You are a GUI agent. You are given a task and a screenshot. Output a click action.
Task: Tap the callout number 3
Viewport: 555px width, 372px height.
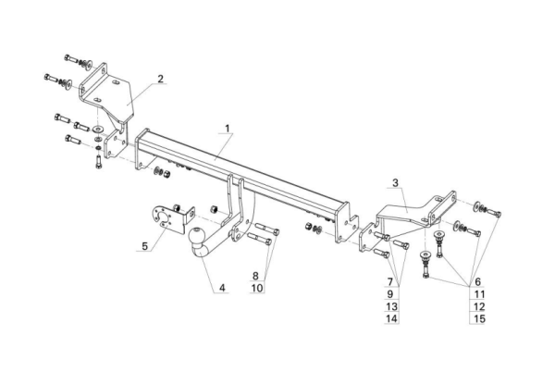pyautogui.click(x=395, y=183)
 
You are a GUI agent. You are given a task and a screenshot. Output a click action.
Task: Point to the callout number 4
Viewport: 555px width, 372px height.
pyautogui.click(x=222, y=290)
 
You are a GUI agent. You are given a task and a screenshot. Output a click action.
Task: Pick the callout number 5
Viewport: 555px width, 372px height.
pyautogui.click(x=144, y=247)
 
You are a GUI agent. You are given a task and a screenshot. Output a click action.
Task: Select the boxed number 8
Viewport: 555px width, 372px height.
pyautogui.click(x=256, y=276)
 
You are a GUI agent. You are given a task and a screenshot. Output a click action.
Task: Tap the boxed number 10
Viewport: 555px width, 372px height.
pyautogui.click(x=256, y=288)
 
